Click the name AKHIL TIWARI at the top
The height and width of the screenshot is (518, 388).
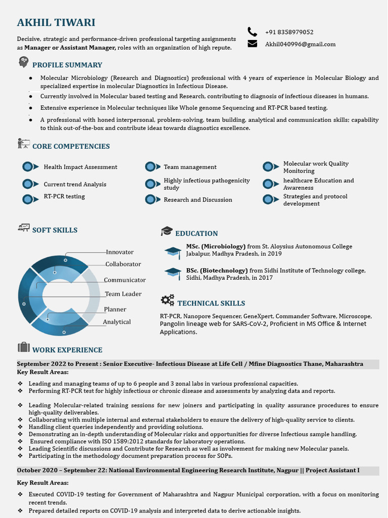coord(56,23)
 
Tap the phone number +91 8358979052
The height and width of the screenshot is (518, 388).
coord(289,32)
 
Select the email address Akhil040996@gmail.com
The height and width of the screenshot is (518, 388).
coord(300,44)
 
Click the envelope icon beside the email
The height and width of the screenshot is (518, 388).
coord(253,44)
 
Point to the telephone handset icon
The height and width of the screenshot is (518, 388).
coord(253,32)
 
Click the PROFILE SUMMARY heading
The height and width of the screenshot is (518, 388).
coord(67,65)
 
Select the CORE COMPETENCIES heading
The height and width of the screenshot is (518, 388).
coord(71,146)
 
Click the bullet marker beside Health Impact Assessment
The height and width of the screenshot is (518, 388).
coord(30,167)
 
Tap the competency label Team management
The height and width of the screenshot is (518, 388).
coord(190,167)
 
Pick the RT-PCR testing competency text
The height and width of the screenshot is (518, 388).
coord(64,196)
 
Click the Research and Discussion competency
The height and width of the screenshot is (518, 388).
coord(198,200)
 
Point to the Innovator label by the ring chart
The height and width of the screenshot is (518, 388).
coord(120,252)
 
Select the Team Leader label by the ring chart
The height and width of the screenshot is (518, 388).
coord(123,294)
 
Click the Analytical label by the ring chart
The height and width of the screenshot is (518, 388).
coord(117,322)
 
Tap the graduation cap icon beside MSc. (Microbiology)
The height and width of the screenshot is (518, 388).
coord(173,251)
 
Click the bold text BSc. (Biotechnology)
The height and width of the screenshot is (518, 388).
coord(217,271)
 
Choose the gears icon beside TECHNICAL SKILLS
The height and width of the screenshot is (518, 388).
coord(167,300)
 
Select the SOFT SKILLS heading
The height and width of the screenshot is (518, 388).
coord(55,230)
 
